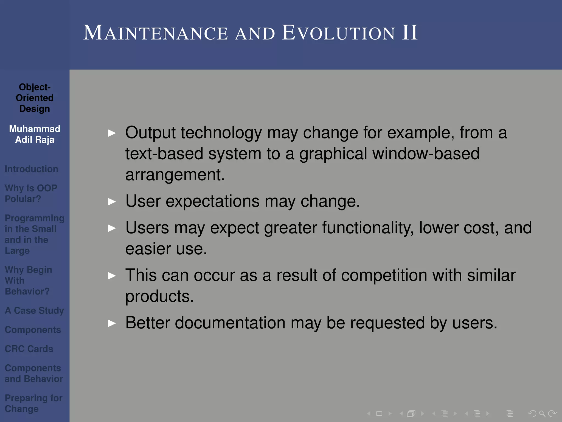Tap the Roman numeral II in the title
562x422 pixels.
(410, 33)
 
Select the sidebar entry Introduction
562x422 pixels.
(31, 169)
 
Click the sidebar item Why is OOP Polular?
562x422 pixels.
(31, 193)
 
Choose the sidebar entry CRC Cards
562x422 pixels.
(29, 349)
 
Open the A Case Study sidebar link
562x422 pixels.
(34, 310)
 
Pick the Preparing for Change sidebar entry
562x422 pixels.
(33, 403)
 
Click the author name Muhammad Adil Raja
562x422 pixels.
(35, 134)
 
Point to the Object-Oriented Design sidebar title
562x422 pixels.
(35, 98)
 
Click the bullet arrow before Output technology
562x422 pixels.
(112, 133)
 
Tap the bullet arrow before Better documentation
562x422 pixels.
(112, 323)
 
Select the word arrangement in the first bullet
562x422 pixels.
(175, 175)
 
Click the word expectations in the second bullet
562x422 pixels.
(212, 201)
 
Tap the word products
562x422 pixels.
(159, 297)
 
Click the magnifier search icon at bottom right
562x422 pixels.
(542, 413)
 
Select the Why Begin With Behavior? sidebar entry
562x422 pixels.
(28, 281)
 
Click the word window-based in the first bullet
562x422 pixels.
(426, 154)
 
